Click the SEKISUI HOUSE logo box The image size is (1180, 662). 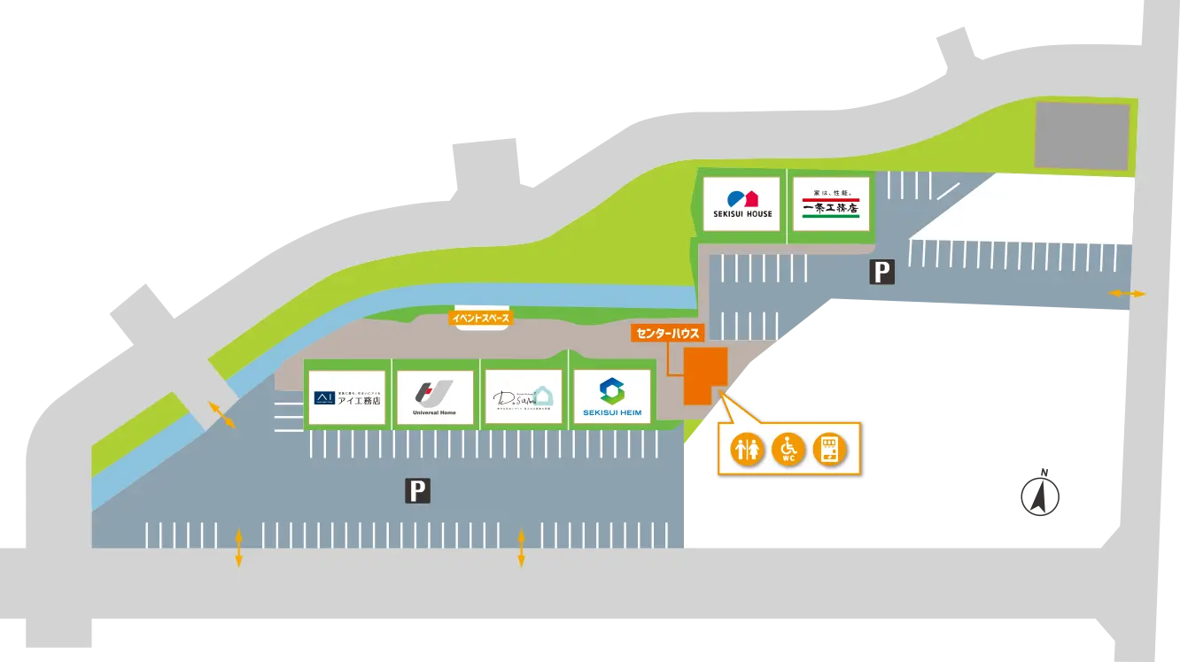click(x=742, y=204)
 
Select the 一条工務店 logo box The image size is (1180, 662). click(x=830, y=204)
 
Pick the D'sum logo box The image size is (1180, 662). click(x=524, y=396)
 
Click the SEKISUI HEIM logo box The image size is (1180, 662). click(x=612, y=396)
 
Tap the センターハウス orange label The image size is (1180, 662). click(x=667, y=334)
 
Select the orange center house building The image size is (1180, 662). click(x=704, y=374)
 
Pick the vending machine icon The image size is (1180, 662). click(x=829, y=450)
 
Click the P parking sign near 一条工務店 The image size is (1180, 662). click(x=881, y=272)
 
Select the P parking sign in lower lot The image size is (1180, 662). click(x=417, y=490)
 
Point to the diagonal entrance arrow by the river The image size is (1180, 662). click(x=221, y=415)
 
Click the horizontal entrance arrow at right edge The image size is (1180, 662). click(x=1127, y=293)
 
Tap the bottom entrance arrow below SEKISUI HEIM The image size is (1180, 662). click(x=521, y=548)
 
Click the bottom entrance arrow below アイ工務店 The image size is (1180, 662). click(x=238, y=548)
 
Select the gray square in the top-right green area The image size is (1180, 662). click(x=1082, y=135)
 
